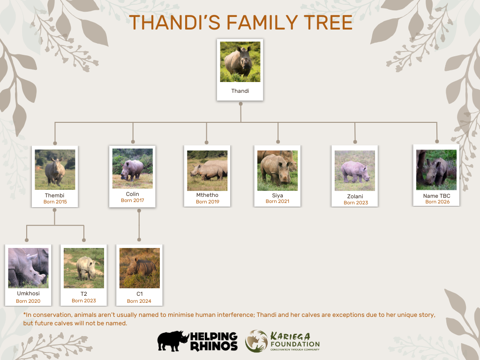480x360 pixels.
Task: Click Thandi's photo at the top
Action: (x=240, y=62)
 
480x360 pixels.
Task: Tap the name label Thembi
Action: (x=54, y=195)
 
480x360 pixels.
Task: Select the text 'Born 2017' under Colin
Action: (x=132, y=201)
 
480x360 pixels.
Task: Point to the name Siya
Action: (x=277, y=195)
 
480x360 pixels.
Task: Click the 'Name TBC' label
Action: (x=436, y=196)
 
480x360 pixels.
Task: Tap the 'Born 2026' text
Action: (x=437, y=202)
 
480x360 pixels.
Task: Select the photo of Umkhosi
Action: (x=28, y=268)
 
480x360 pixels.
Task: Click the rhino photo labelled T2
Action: (x=83, y=268)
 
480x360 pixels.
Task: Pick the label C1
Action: (x=139, y=294)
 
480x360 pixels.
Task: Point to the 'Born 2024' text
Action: (x=139, y=301)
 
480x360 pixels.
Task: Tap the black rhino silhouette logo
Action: (x=172, y=341)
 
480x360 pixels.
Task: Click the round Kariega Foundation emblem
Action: (x=256, y=341)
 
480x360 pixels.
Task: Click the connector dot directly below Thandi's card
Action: (x=240, y=105)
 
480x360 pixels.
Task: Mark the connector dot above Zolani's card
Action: (x=355, y=142)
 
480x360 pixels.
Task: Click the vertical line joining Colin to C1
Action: (x=139, y=227)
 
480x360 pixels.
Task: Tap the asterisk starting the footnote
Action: (x=24, y=315)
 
